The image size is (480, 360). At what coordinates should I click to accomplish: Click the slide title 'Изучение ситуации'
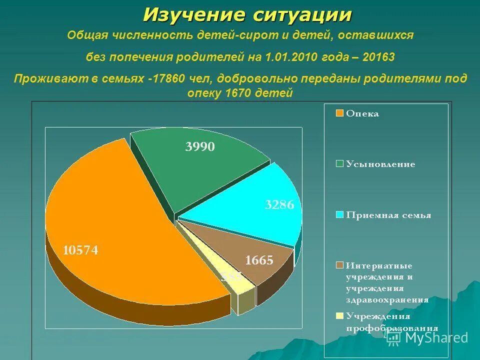(x=247, y=15)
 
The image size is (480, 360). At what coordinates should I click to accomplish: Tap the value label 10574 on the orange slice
(x=80, y=250)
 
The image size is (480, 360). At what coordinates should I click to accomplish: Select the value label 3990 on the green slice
(x=200, y=146)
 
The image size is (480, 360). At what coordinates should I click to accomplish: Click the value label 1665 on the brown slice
(x=259, y=260)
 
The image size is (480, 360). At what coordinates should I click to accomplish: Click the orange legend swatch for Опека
(x=339, y=113)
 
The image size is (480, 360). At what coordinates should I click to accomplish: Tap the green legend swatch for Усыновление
(x=339, y=164)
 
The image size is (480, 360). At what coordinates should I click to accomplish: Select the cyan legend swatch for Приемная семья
(x=339, y=215)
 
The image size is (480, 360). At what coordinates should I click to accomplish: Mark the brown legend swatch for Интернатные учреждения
(x=339, y=265)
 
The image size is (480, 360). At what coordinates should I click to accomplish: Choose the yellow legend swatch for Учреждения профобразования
(x=339, y=316)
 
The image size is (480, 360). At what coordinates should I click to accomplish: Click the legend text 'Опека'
(x=362, y=113)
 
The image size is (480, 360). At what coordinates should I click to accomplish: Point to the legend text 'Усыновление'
(x=380, y=164)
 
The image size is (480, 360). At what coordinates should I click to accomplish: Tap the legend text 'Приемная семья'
(x=388, y=215)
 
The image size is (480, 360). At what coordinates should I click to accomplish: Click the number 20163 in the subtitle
(x=377, y=57)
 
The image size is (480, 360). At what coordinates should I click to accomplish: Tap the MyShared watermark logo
(x=428, y=337)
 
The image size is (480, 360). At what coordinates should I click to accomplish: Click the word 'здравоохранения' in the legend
(x=386, y=300)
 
